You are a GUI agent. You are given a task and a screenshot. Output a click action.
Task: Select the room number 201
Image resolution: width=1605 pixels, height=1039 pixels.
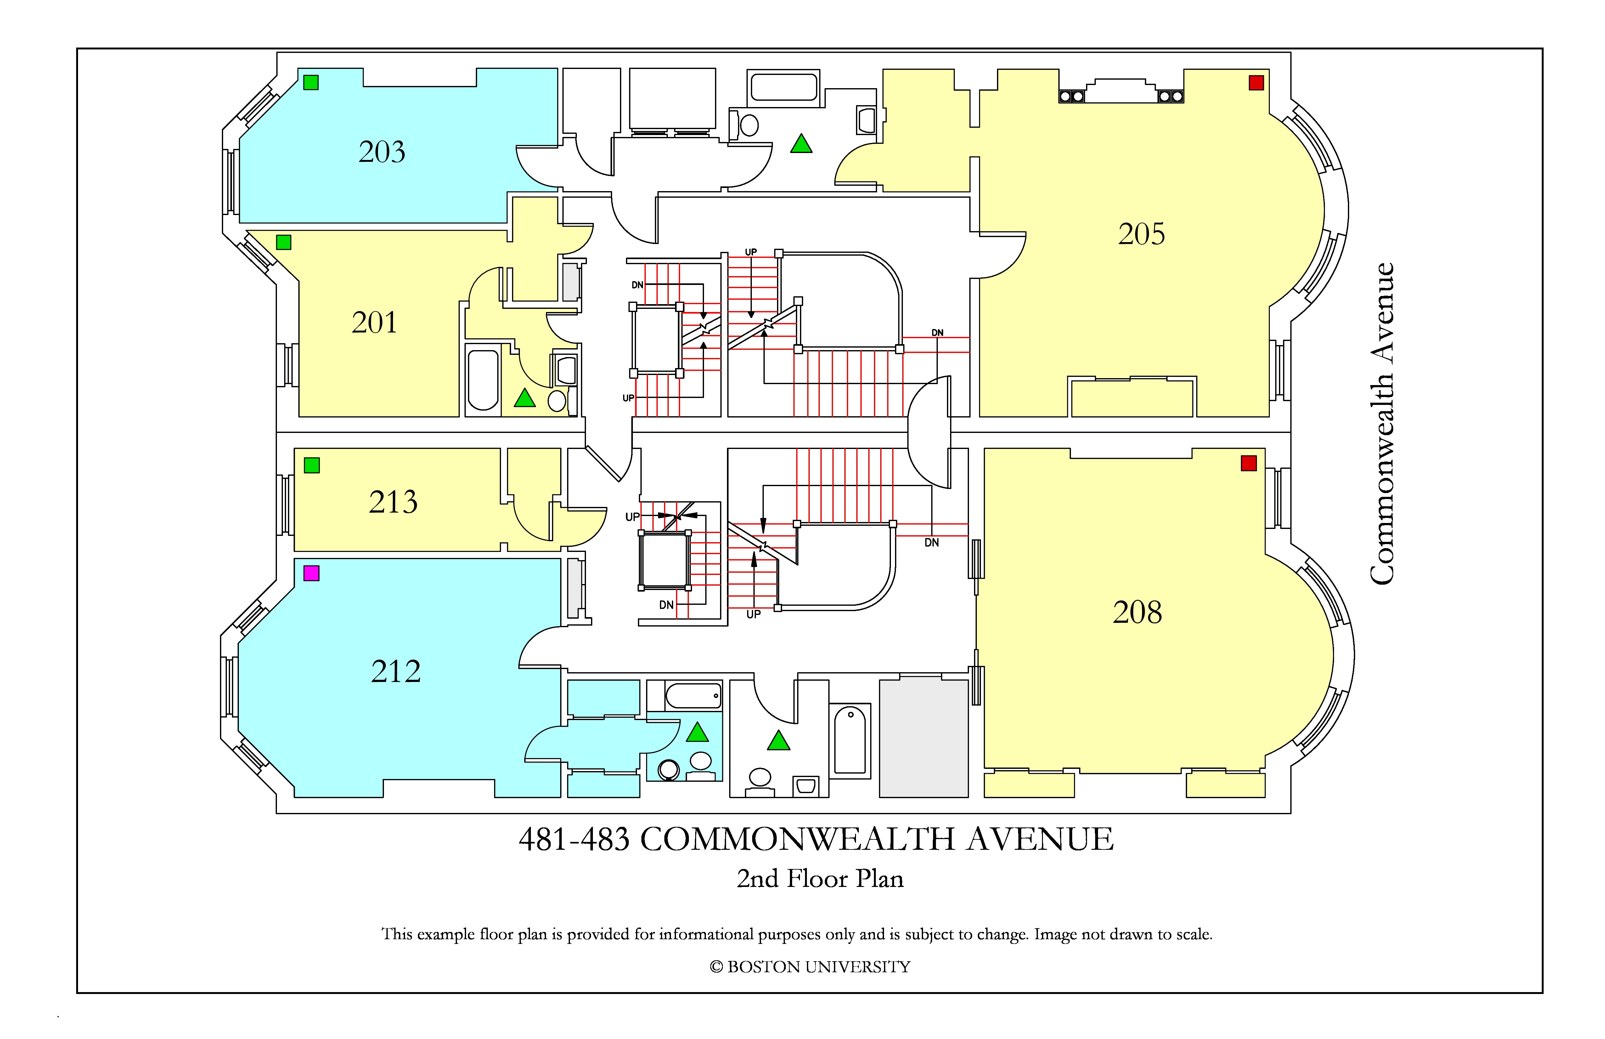(374, 322)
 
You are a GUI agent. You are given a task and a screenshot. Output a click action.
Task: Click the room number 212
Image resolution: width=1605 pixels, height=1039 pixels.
(396, 671)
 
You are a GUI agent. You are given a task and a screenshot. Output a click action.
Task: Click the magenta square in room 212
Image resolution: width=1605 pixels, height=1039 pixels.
(312, 573)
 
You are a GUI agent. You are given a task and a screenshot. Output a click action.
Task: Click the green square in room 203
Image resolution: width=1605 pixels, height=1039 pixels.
(311, 82)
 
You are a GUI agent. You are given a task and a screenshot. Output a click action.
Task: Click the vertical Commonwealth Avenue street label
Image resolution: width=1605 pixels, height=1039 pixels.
(1382, 424)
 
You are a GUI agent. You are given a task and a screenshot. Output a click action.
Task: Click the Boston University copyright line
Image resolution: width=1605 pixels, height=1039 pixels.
(810, 967)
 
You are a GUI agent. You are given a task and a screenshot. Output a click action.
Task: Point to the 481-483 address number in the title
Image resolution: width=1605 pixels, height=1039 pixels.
(574, 839)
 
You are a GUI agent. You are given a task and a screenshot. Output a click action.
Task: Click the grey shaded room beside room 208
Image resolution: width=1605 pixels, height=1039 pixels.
(924, 738)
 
